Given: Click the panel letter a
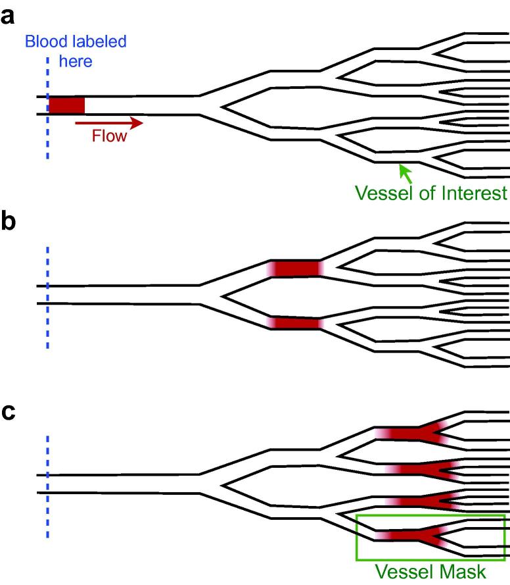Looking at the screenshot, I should click(9, 17).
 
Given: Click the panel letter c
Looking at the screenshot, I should click(9, 418).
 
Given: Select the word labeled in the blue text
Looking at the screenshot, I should click(97, 43).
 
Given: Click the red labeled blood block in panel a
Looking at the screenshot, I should click(66, 105).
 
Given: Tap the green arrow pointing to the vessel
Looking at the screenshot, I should click(407, 174).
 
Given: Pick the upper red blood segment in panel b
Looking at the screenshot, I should click(296, 268).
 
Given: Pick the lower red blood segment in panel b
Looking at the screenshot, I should click(296, 323).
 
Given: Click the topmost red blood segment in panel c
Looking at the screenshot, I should click(411, 433).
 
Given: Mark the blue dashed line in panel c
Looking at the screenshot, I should click(47, 487).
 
